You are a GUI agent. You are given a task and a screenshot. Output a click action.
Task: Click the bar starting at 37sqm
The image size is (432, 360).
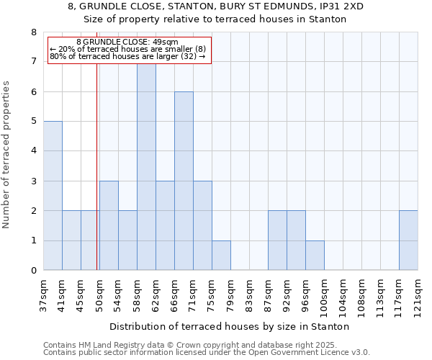click(x=53, y=196)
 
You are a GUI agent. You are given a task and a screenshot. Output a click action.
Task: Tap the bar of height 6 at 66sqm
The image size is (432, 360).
click(x=184, y=181)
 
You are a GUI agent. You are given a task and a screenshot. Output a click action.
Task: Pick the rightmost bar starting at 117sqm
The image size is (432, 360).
click(x=408, y=240)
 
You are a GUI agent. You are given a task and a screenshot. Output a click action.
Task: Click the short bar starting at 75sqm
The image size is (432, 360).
click(x=221, y=256)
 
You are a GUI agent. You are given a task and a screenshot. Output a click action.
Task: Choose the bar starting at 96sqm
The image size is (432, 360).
click(x=315, y=256)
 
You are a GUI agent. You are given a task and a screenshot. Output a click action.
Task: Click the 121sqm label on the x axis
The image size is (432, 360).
click(x=418, y=295)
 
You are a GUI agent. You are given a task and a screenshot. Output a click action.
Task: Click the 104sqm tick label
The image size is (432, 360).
click(x=343, y=295)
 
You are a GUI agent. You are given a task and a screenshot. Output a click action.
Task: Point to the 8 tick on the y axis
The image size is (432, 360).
click(x=33, y=32)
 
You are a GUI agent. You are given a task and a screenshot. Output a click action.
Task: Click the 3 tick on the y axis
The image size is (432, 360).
click(x=33, y=181)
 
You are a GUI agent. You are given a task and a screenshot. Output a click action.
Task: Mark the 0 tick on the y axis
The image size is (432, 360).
click(x=33, y=271)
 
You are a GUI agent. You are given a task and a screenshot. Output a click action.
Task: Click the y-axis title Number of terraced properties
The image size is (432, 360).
click(x=6, y=154)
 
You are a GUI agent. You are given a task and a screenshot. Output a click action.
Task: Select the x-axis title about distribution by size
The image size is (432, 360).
click(x=230, y=326)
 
